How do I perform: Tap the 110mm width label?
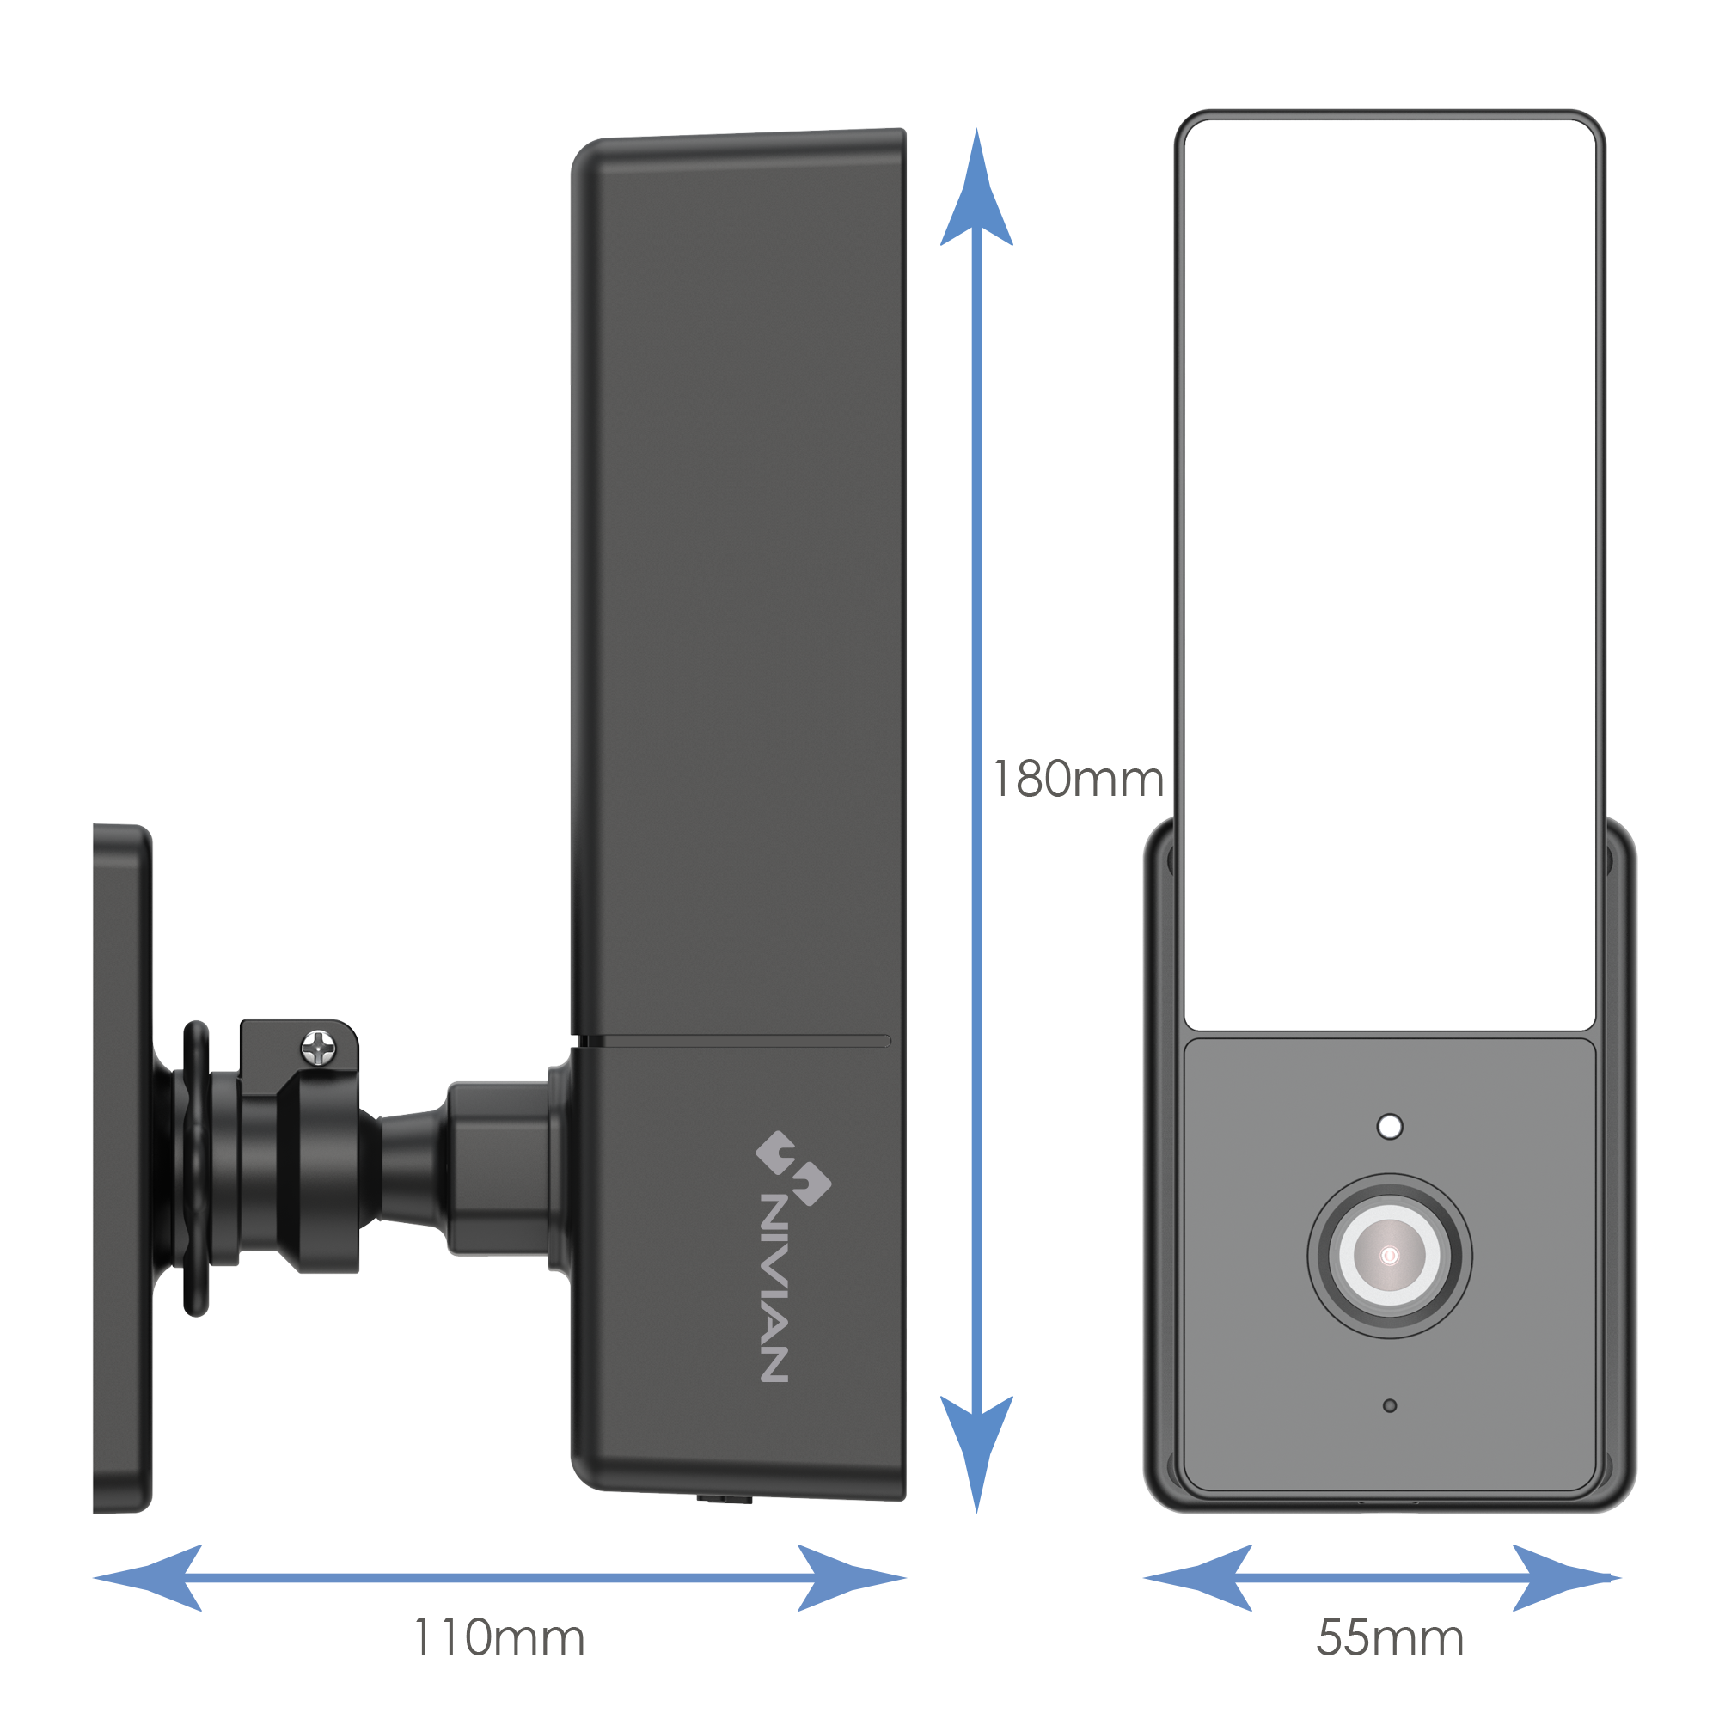pos(499,1636)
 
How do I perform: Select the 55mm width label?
pos(1389,1636)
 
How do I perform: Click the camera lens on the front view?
pos(1389,1257)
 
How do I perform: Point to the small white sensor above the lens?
pos(1390,1127)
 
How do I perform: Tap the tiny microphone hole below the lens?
pos(1390,1406)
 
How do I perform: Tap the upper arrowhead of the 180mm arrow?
pos(976,192)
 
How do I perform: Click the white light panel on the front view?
pos(1389,570)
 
